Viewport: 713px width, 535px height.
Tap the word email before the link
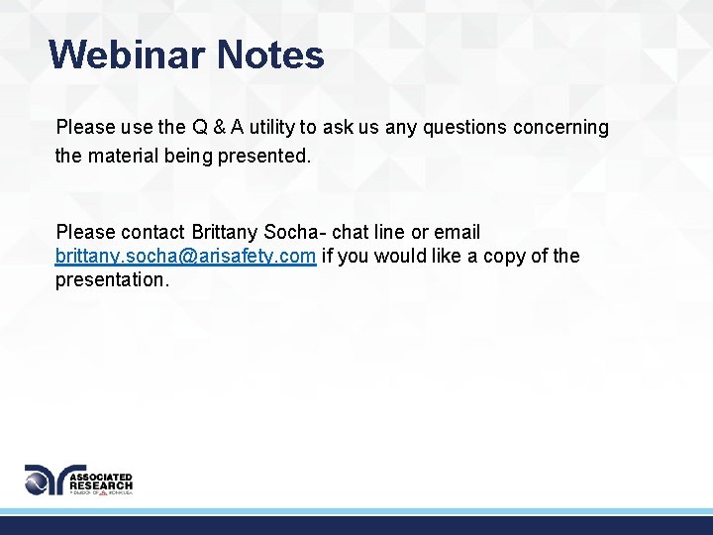tap(458, 233)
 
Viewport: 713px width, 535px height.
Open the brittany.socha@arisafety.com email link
tap(186, 257)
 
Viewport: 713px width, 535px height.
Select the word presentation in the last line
tap(112, 280)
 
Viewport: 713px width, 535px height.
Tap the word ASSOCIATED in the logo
tap(104, 474)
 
